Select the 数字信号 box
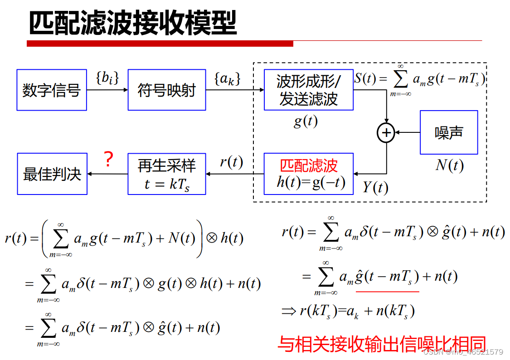coord(52,90)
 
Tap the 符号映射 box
coord(167,90)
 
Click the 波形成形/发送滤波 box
coord(309,90)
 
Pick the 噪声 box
coord(449,132)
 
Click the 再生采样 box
coord(167,174)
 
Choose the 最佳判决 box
coord(52,174)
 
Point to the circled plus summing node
coord(386,133)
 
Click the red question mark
coord(108,160)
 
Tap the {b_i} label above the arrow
coord(107,78)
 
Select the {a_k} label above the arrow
coord(227,78)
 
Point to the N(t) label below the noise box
coord(449,165)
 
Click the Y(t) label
coord(375,187)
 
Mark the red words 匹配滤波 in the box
coord(309,165)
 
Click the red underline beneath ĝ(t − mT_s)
coord(388,292)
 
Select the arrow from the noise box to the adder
coord(408,133)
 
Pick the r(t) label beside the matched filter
coord(231,162)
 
